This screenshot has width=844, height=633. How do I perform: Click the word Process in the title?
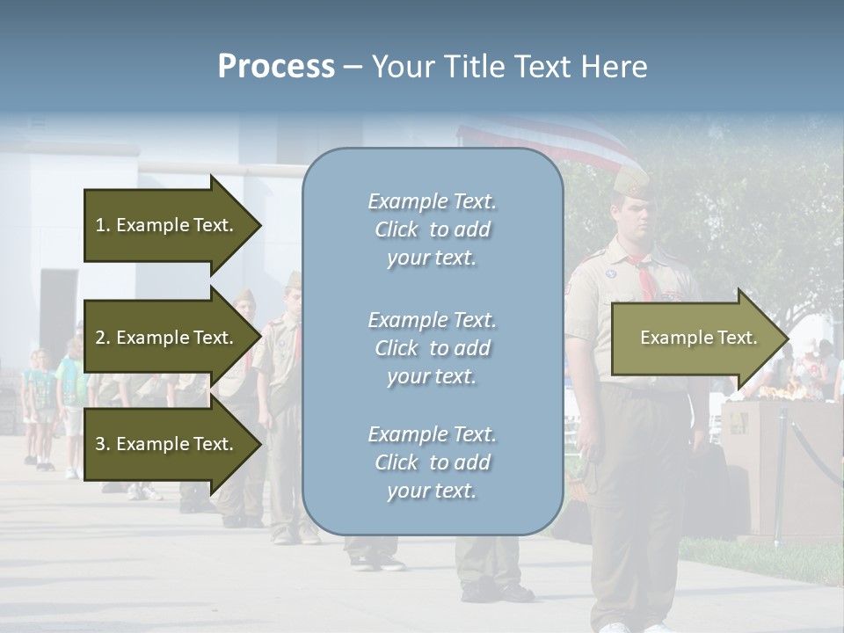(x=276, y=67)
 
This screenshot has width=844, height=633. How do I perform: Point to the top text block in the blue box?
(x=432, y=229)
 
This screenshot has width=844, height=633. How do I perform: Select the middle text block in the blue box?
(x=432, y=348)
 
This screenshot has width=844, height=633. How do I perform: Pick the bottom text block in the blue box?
(x=432, y=462)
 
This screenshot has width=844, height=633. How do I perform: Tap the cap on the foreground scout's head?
(x=630, y=182)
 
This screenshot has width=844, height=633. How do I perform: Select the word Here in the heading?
(x=615, y=67)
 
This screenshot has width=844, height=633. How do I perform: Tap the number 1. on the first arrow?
(x=103, y=225)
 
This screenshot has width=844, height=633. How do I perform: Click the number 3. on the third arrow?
(x=103, y=444)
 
